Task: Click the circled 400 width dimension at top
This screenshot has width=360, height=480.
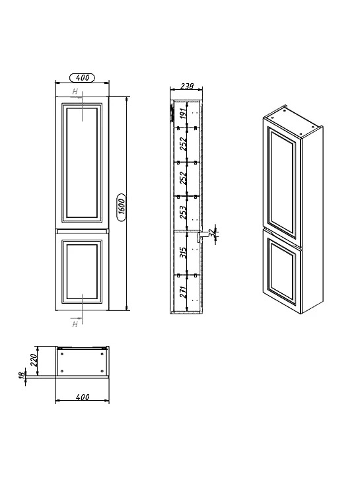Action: [82, 78]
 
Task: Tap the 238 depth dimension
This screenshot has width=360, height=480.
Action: [186, 86]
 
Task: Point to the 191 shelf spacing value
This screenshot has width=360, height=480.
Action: [182, 114]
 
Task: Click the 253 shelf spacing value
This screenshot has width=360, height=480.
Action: [183, 212]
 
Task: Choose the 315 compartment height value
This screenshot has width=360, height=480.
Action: [183, 252]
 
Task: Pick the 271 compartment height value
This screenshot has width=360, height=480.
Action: [183, 292]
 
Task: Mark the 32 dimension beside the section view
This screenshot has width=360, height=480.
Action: [211, 232]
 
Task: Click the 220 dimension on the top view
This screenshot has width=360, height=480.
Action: [34, 360]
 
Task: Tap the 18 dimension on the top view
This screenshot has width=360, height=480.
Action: [21, 376]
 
